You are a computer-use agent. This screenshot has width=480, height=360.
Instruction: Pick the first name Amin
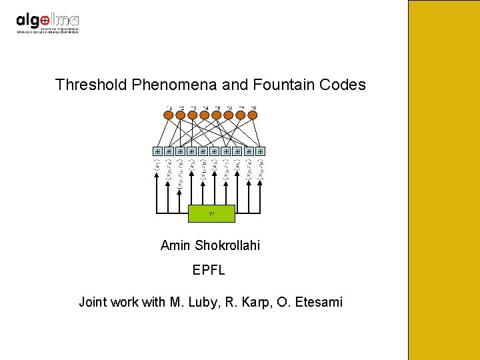(x=175, y=245)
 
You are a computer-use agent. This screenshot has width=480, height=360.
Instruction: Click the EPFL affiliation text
(x=209, y=271)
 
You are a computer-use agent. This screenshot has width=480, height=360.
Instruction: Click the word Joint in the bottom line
(x=94, y=303)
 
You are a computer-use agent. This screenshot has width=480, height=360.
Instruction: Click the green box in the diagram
(x=211, y=213)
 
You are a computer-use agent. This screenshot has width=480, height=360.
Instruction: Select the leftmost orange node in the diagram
(x=169, y=115)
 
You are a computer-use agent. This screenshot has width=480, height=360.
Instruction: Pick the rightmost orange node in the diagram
(x=253, y=115)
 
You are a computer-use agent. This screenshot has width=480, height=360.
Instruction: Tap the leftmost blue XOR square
(x=157, y=151)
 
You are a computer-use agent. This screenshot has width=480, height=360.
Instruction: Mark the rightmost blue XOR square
(x=261, y=151)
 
